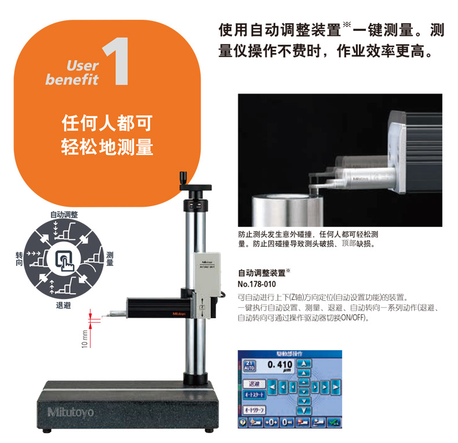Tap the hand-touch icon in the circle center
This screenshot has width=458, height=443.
coord(66,258)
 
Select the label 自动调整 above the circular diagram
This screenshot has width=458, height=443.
coord(64,214)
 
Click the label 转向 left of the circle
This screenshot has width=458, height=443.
coord(19,259)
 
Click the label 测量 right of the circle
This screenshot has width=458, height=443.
coord(110,258)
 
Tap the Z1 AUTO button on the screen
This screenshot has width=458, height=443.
coord(249,366)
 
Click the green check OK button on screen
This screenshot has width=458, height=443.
coord(333,422)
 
